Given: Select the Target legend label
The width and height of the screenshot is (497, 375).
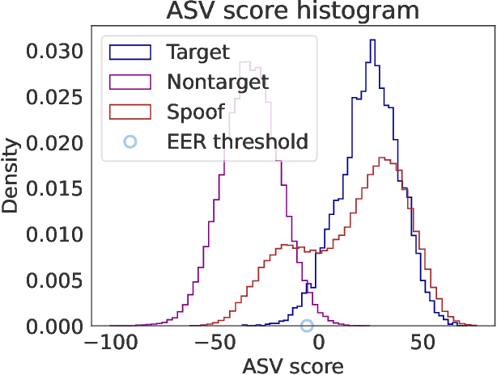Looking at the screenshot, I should pyautogui.click(x=198, y=53).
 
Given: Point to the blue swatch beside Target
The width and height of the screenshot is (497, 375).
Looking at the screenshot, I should pyautogui.click(x=130, y=53).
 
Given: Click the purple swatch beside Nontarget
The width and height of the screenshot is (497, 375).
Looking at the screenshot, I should pyautogui.click(x=130, y=82).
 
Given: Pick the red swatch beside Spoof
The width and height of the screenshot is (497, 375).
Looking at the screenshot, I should pyautogui.click(x=130, y=112).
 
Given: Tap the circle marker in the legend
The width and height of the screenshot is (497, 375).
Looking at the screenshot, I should pyautogui.click(x=130, y=141).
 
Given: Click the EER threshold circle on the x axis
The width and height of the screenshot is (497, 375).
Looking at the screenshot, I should pyautogui.click(x=307, y=326).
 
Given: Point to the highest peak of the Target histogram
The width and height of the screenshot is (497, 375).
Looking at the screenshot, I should pyautogui.click(x=372, y=40).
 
